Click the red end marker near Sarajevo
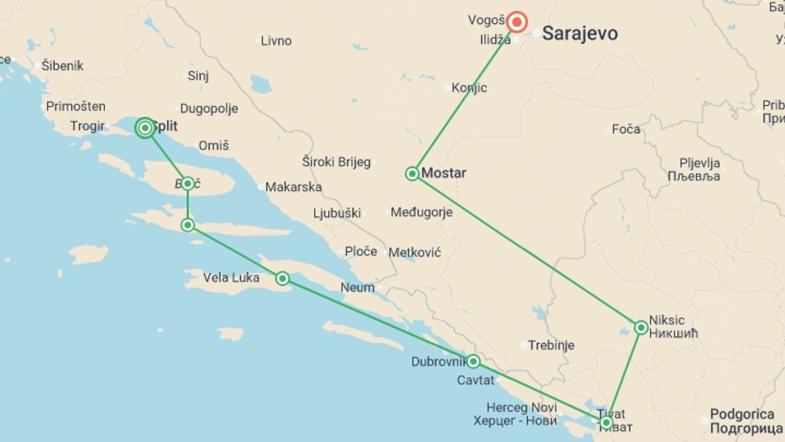coord(517,22)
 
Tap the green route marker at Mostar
coord(412,174)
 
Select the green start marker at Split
coord(145,128)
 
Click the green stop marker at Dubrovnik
coord(473,361)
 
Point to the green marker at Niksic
coord(641,327)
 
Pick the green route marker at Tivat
coord(606,422)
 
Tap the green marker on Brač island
coord(188,183)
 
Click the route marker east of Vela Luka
coord(282,279)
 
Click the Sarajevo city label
coord(580,34)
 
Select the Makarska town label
coord(293,187)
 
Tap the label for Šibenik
coord(62,65)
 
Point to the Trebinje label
coord(551,345)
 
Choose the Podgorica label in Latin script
coord(742,414)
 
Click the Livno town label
coord(276,41)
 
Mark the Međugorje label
coord(422,212)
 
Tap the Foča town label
coord(626,129)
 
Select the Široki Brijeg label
coord(336,162)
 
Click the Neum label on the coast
coord(357,287)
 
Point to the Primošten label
coord(76,106)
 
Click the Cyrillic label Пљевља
coord(694,176)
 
